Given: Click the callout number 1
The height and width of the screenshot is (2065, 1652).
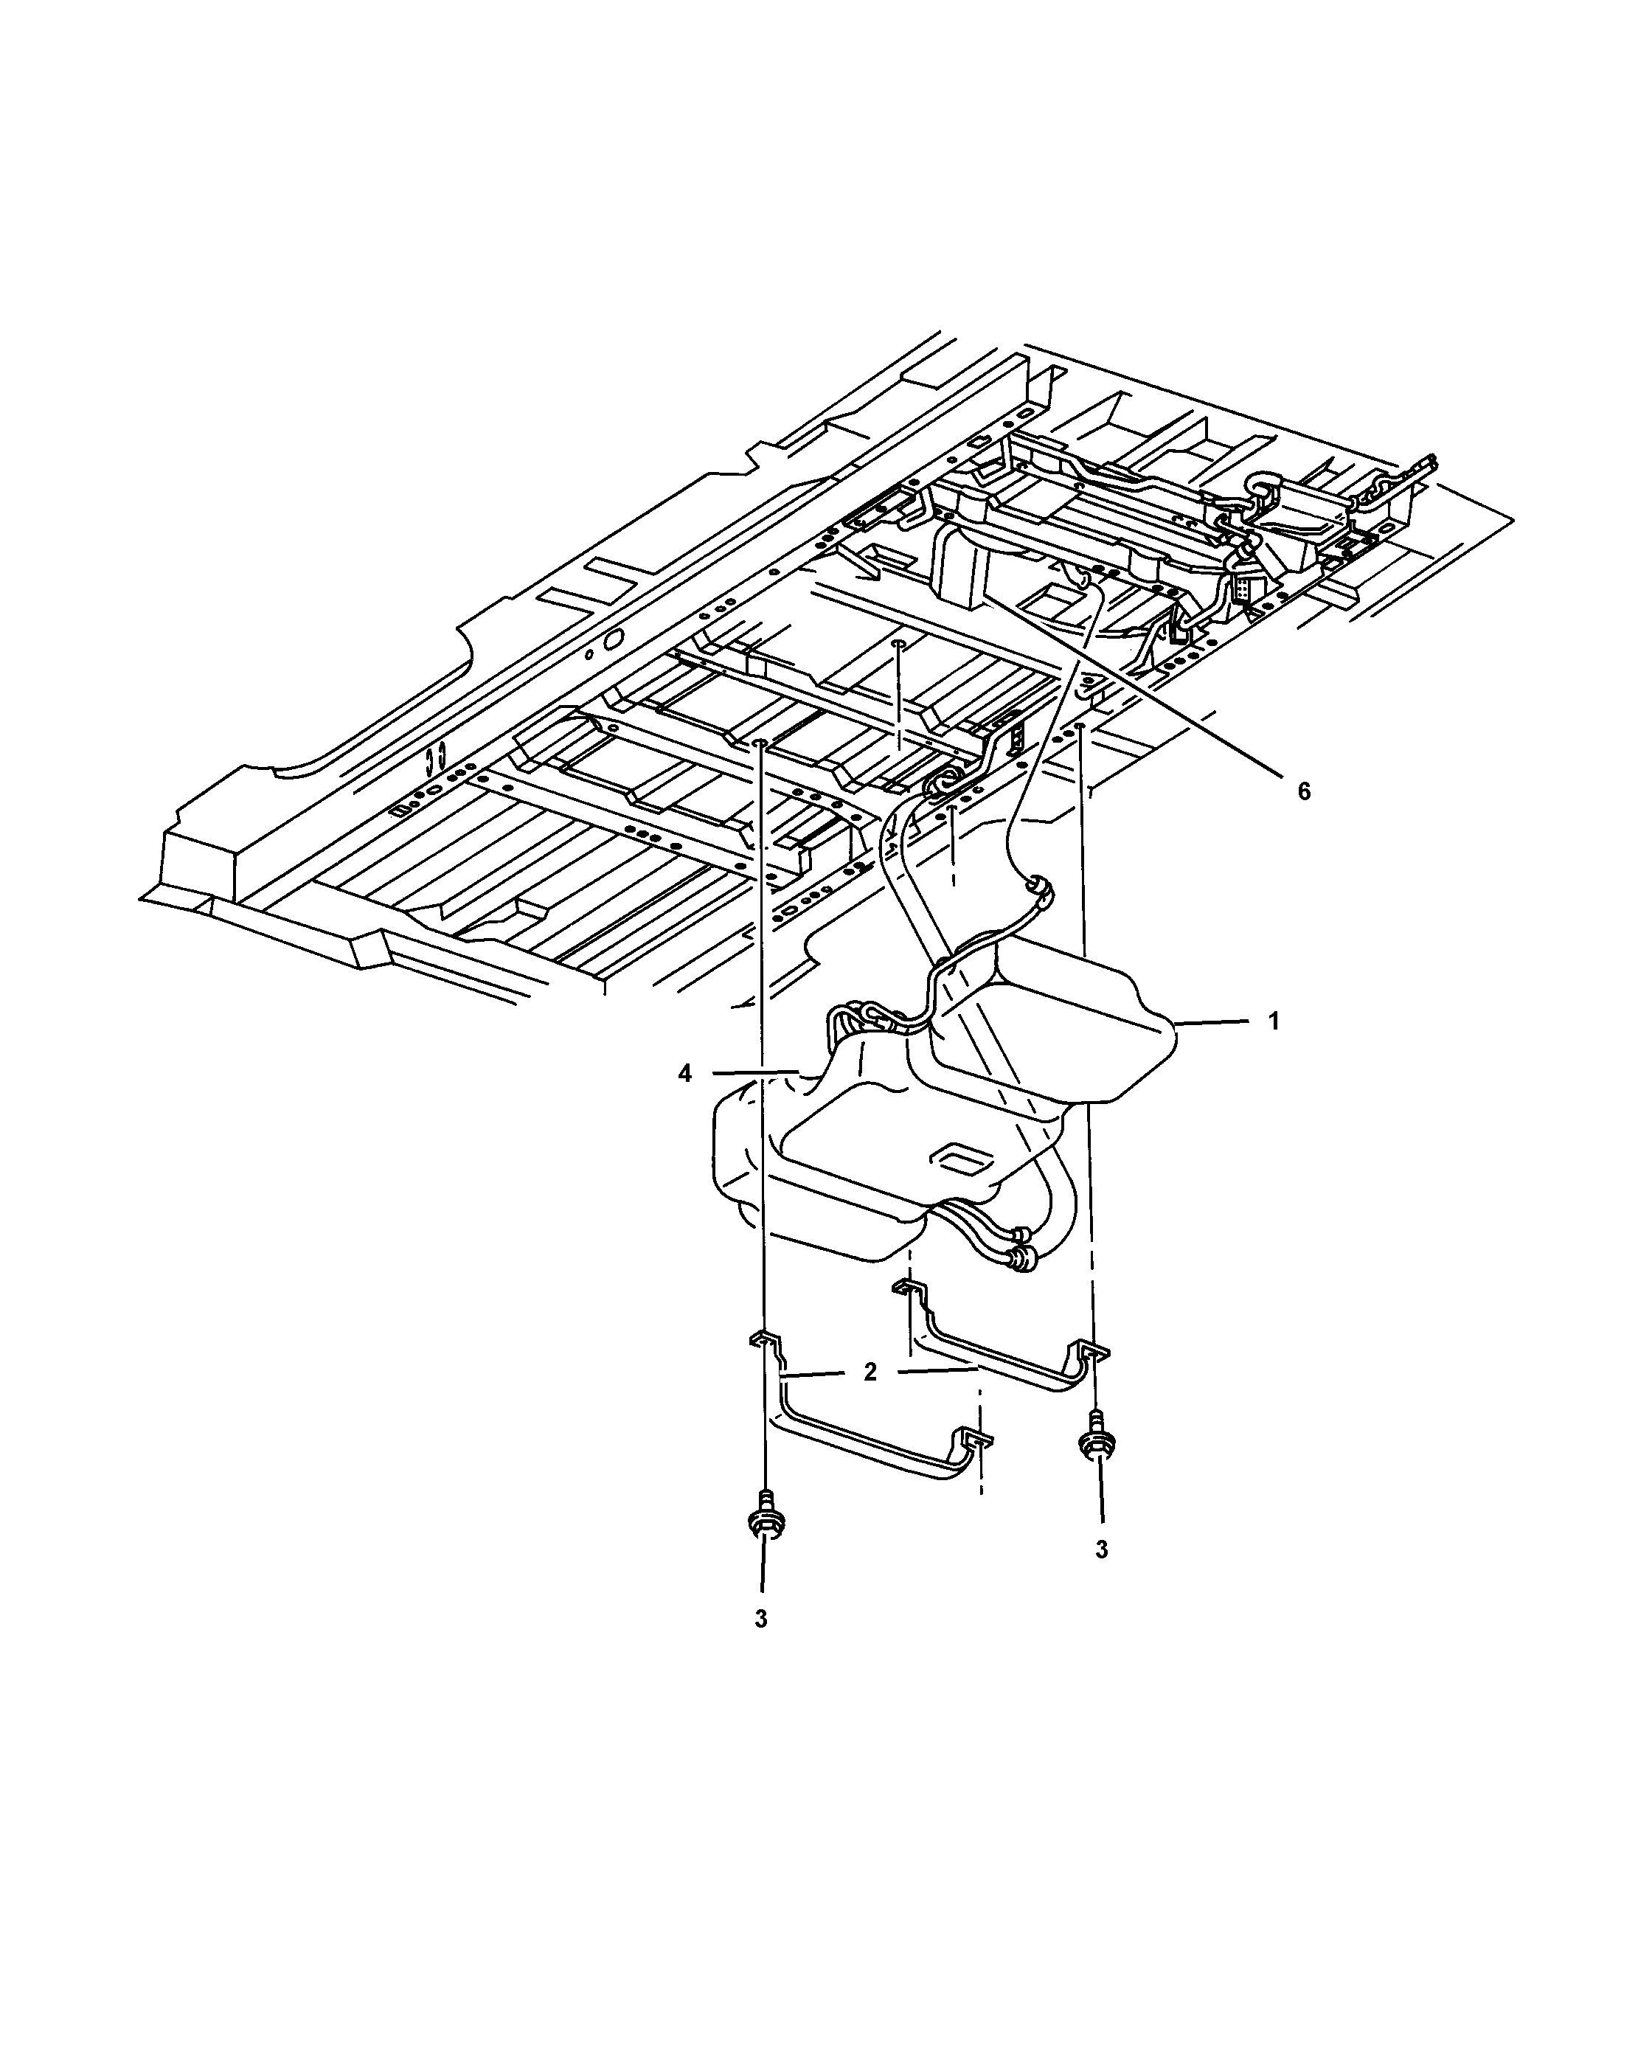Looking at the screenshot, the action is pyautogui.click(x=1274, y=1022).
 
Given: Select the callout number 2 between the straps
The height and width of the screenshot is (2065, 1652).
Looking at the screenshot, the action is pyautogui.click(x=870, y=1372).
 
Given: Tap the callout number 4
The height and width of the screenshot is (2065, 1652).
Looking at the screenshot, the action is pyautogui.click(x=684, y=1074).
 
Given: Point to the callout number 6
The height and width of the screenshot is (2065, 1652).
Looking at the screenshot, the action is pyautogui.click(x=1303, y=791).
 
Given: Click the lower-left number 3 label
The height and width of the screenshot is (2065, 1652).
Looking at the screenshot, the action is pyautogui.click(x=760, y=1619).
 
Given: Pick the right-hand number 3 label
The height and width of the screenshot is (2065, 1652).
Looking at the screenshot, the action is pyautogui.click(x=1101, y=1549).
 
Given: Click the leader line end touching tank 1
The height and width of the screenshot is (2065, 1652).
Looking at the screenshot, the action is pyautogui.click(x=1178, y=1025).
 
